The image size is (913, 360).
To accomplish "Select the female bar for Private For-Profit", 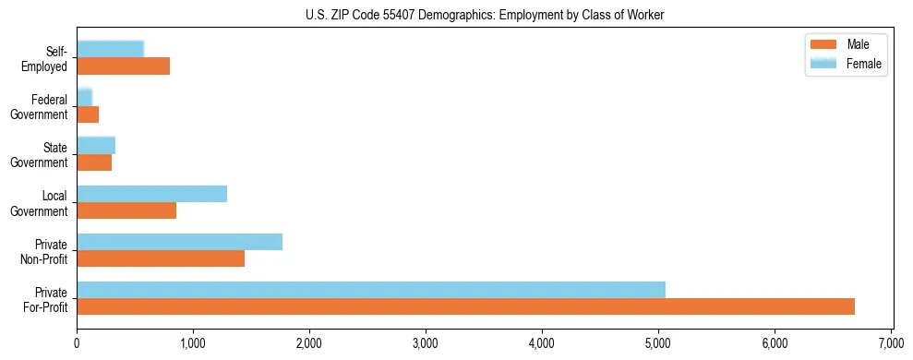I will click(371, 290).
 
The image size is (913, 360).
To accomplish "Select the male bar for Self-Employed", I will click(123, 66).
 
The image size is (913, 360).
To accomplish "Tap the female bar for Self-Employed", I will click(110, 49).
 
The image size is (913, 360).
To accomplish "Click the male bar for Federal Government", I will click(88, 114).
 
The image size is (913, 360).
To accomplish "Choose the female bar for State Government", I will click(96, 145).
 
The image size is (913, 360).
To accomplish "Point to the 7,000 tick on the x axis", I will click(891, 344).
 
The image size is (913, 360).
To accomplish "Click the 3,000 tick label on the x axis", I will click(426, 344).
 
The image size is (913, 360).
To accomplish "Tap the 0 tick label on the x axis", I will click(77, 344).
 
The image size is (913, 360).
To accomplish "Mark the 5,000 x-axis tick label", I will click(658, 344).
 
